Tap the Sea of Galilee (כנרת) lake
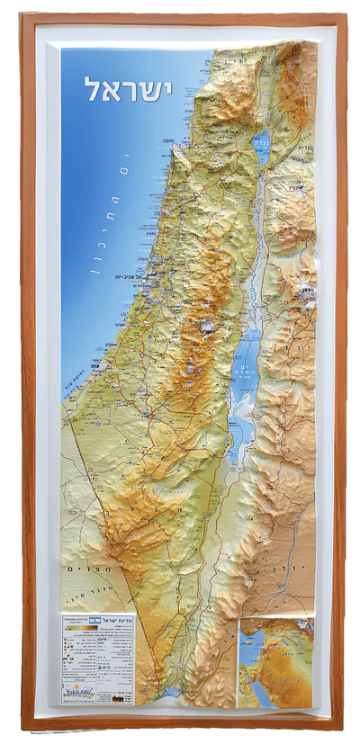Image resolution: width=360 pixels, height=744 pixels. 261,148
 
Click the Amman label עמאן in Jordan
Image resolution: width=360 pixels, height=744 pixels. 308,291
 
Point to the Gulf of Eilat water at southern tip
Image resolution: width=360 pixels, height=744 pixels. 171,693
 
